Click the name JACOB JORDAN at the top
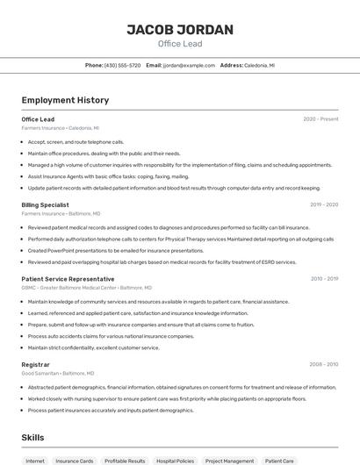[180, 30]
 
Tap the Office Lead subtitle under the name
[180, 44]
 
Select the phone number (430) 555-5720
[122, 66]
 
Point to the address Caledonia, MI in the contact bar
[259, 66]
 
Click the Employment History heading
[65, 101]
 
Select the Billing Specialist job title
[46, 204]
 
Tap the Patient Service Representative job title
[68, 279]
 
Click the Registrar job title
[35, 364]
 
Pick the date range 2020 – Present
[320, 119]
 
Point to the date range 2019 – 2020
[323, 204]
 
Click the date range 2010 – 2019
[323, 279]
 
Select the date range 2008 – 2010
[323, 364]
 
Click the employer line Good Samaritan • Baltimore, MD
[58, 373]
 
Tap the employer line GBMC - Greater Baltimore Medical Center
[86, 288]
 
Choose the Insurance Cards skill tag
[74, 461]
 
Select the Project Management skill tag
[229, 461]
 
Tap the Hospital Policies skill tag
[175, 461]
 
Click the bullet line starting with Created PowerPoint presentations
[98, 250]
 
